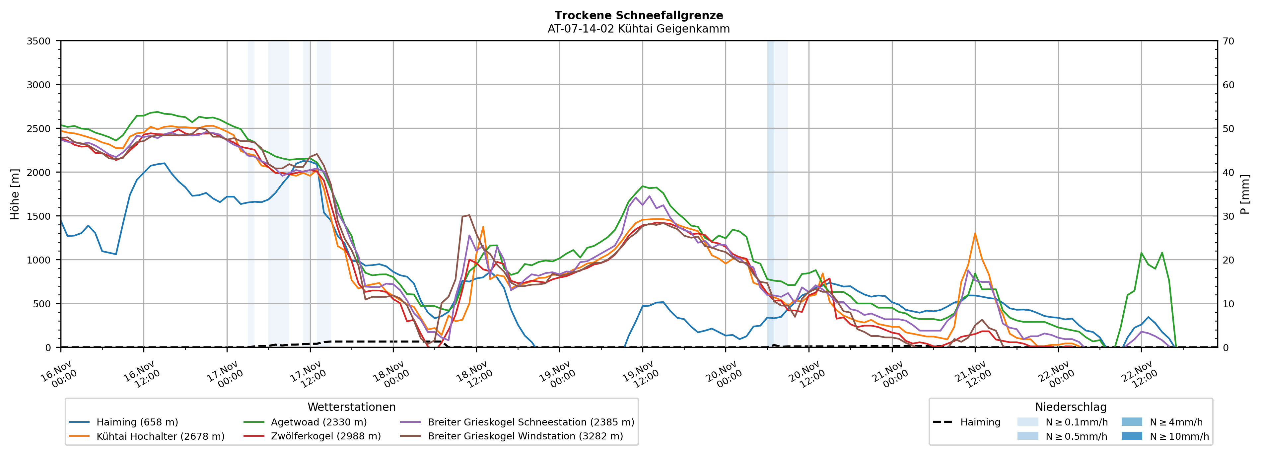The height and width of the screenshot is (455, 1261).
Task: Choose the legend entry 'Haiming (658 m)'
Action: (137, 422)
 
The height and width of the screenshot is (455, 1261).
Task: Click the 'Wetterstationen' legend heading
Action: (351, 407)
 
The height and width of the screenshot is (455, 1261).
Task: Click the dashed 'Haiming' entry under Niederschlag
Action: (980, 422)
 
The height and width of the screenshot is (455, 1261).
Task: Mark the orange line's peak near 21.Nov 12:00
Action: (975, 234)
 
